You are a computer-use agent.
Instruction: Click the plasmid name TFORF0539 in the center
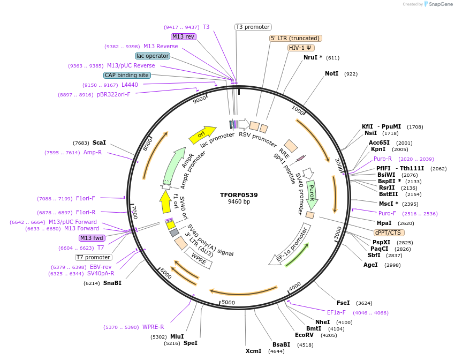click(239, 195)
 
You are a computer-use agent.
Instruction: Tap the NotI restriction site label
click(331, 73)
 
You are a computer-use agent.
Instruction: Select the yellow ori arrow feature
click(202, 135)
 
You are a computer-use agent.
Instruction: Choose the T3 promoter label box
click(253, 27)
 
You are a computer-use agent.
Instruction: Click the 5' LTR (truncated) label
click(295, 38)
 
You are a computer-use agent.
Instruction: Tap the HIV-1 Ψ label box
click(301, 48)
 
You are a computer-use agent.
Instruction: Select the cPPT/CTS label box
click(389, 232)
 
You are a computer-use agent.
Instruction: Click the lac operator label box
click(153, 56)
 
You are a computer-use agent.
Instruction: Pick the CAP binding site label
click(127, 76)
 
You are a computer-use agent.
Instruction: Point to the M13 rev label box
click(184, 36)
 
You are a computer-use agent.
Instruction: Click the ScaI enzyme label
click(99, 143)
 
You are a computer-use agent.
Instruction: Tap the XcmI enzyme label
click(253, 351)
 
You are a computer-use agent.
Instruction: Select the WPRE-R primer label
click(153, 327)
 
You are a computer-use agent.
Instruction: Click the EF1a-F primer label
click(336, 312)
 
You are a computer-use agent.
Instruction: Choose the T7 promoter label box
click(93, 257)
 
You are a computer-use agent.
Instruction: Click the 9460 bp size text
click(239, 202)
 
